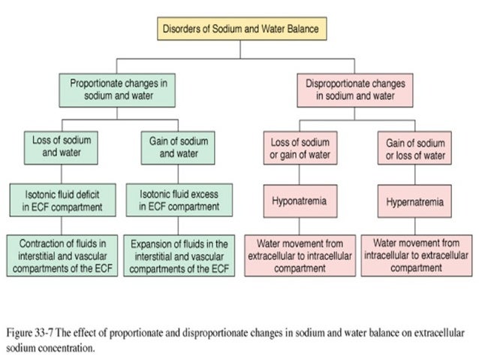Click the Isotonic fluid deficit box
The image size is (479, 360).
point(62,201)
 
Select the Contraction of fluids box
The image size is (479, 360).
point(62,256)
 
